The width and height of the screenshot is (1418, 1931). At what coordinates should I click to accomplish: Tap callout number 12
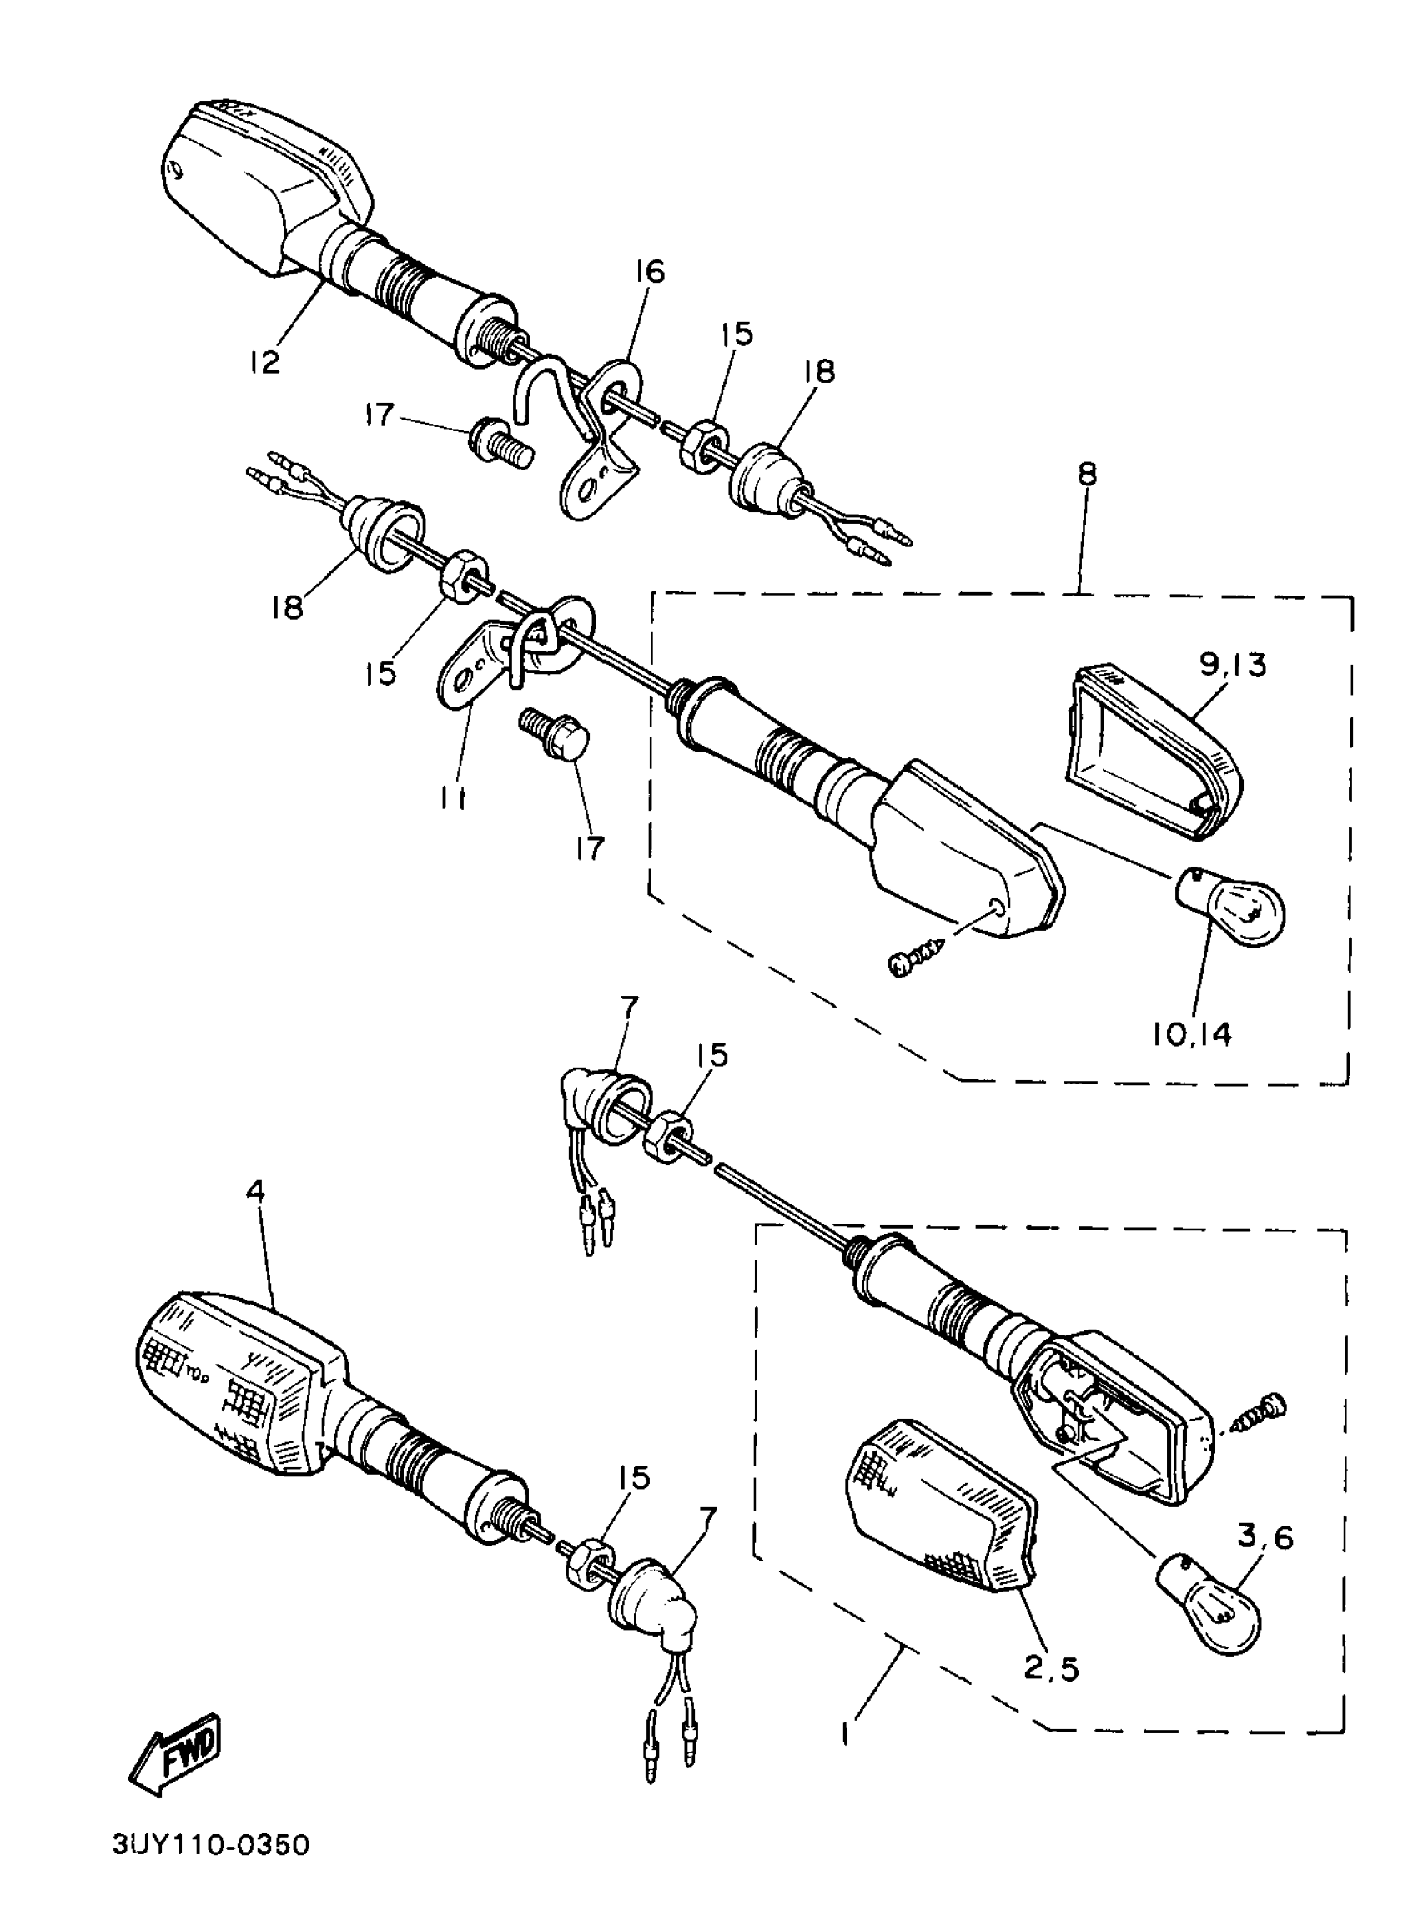[x=265, y=361]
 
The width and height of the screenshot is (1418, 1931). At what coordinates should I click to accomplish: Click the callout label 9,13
[x=1233, y=665]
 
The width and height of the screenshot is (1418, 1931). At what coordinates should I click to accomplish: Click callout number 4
[x=255, y=1191]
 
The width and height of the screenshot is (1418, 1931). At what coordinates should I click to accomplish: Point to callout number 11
[x=452, y=799]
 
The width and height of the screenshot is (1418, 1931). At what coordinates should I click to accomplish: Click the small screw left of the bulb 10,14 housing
[x=914, y=958]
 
